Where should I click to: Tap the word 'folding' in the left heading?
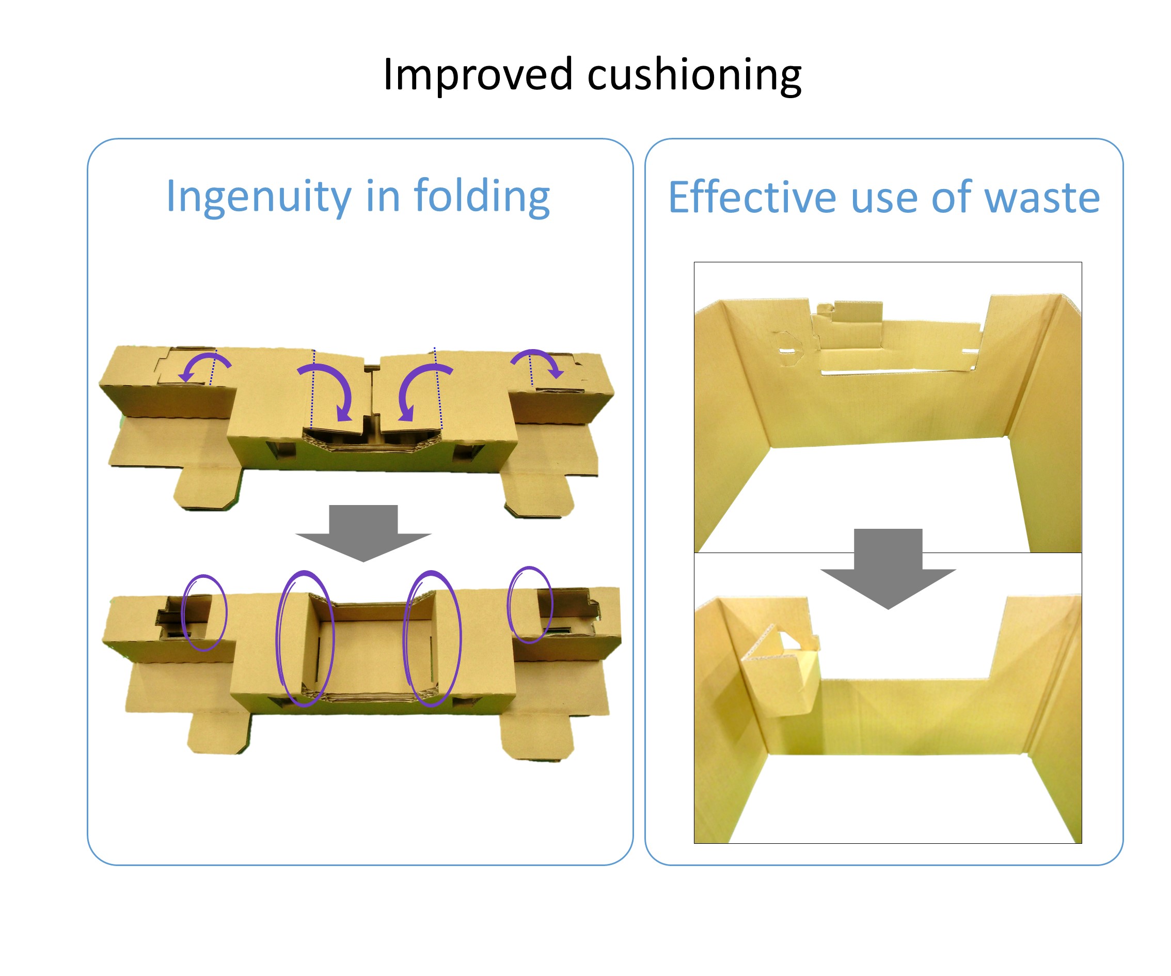tap(482, 196)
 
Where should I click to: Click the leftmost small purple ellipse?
tap(204, 613)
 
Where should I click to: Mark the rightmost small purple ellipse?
tap(529, 605)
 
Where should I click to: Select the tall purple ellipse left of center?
tap(305, 639)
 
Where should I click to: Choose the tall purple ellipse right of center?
tap(433, 639)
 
